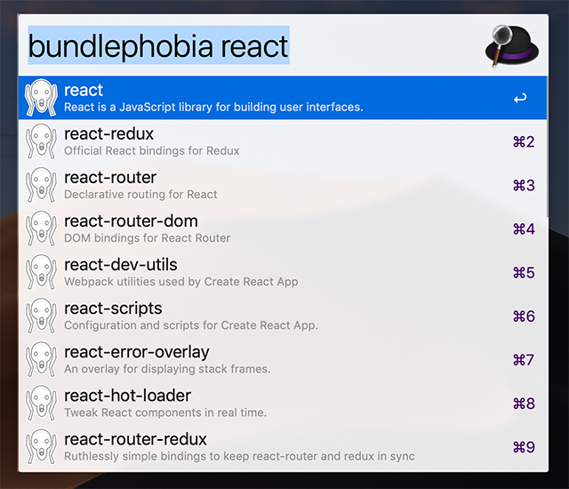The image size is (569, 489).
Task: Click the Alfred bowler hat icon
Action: pos(512,45)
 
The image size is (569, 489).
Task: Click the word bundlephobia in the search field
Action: pos(121,46)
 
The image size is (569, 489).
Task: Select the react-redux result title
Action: pos(108,134)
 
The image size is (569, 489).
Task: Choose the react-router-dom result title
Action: pos(131,220)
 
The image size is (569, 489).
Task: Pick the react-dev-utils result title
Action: pos(121,265)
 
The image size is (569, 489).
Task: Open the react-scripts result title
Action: pos(113,309)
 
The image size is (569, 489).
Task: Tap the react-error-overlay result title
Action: pos(137,353)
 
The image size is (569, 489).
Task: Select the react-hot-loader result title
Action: pos(127,396)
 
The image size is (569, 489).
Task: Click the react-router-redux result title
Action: pos(135,439)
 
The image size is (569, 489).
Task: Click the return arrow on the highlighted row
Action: pos(520,98)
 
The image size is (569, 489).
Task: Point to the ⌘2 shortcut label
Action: pos(524,142)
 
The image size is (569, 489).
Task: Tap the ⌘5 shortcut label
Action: pos(524,273)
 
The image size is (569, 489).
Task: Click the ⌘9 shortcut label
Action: pos(524,447)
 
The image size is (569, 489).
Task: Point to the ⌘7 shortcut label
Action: pos(524,360)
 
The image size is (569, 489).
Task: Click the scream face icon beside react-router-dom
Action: pos(41,228)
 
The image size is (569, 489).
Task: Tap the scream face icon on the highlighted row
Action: pos(41,98)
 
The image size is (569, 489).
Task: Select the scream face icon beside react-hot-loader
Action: pos(41,403)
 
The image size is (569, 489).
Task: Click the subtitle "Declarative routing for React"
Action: pos(140,195)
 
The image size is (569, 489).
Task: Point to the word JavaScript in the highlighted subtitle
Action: pos(148,108)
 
